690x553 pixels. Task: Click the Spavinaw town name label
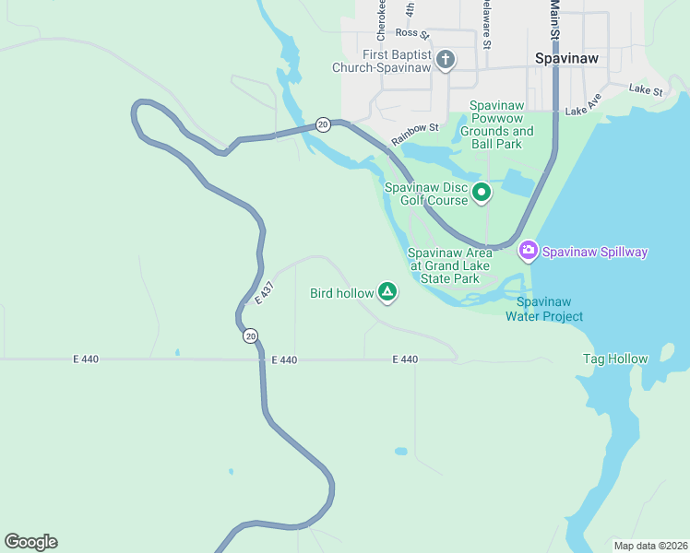[566, 58]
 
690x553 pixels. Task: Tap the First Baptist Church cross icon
[445, 61]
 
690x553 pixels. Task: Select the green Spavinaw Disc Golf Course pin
[481, 193]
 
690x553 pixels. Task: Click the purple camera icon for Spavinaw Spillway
[529, 250]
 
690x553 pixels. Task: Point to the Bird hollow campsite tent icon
[388, 293]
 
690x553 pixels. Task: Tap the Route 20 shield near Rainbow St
[322, 124]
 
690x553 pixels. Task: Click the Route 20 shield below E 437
[251, 336]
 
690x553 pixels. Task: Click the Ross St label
[412, 33]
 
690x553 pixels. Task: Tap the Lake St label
[646, 90]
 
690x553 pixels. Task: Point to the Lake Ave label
[583, 104]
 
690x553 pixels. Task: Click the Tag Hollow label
[615, 359]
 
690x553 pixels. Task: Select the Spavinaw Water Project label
[544, 309]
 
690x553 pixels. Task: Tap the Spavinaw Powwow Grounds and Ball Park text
[502, 124]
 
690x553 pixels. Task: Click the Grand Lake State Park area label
[450, 265]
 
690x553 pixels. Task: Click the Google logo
[30, 542]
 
